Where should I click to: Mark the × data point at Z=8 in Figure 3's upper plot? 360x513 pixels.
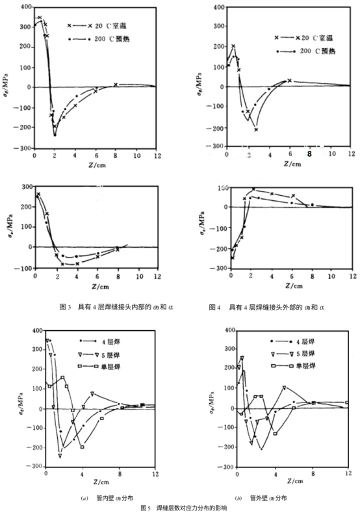116,85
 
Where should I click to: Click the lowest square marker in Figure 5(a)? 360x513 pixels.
83,447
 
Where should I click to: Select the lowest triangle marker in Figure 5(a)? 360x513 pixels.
60,456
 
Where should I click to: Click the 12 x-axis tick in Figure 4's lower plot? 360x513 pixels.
350,277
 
